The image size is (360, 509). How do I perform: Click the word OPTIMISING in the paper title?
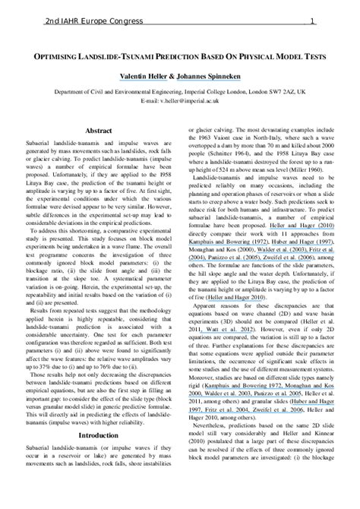[70, 56]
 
